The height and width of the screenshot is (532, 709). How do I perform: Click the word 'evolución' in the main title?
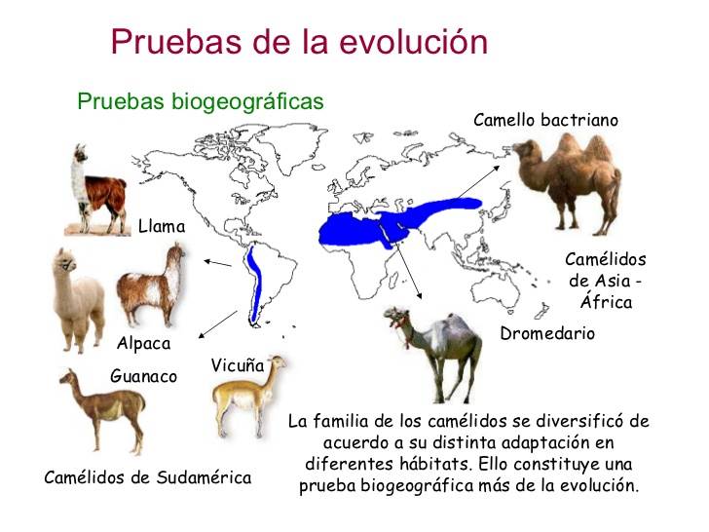(414, 42)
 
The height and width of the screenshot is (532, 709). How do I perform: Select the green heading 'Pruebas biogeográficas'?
(201, 101)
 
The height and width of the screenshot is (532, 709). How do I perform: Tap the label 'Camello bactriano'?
(545, 121)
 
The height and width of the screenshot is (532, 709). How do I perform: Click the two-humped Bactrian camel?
(567, 183)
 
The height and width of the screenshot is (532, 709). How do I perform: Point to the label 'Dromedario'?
(547, 334)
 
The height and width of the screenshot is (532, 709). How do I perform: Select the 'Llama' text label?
(162, 226)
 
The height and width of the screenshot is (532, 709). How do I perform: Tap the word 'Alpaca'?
(144, 344)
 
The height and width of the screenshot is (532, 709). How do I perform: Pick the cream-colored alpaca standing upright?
(78, 300)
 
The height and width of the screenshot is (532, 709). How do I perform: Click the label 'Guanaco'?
(143, 376)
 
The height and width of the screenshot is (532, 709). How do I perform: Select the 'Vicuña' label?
(238, 365)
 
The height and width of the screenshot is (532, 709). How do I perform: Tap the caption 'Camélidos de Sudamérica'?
(148, 477)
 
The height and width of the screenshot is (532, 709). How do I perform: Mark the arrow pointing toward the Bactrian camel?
(479, 182)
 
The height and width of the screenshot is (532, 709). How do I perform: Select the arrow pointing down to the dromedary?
(409, 270)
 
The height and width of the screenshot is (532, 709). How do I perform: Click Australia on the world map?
(495, 290)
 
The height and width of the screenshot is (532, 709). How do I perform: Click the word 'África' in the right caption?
(606, 302)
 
